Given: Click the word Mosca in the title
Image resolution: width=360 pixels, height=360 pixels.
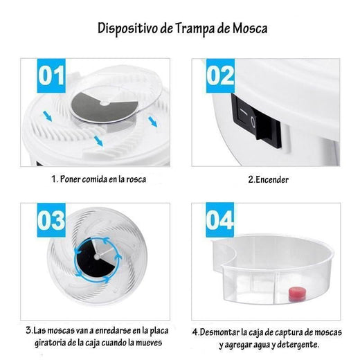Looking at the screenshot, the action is point(250,28).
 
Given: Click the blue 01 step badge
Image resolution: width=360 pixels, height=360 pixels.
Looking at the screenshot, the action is point(51,75).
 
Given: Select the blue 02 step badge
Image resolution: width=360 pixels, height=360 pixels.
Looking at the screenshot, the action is point(220,75).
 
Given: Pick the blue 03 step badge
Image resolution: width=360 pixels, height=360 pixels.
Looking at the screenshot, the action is point(51,220).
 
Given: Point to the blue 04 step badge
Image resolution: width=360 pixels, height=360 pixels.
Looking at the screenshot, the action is point(220,220).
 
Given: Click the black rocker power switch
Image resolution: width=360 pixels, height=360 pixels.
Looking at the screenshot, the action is point(257,122).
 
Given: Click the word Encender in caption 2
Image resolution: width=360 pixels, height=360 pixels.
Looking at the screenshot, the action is point(272,179).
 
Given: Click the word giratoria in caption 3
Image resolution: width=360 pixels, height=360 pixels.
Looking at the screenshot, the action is point(50,343).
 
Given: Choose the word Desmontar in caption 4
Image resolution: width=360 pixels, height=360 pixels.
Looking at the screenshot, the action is point(219,332).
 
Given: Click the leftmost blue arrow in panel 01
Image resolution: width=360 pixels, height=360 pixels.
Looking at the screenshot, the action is point(48,116).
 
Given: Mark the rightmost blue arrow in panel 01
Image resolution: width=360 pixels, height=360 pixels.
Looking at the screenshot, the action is point(153,122).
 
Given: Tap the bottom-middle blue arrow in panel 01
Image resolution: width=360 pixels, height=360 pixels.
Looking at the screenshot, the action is point(98,141).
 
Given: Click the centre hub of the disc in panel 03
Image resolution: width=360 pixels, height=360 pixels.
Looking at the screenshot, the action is point(97,256).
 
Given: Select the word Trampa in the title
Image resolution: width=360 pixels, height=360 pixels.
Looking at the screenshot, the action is point(195,29).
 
